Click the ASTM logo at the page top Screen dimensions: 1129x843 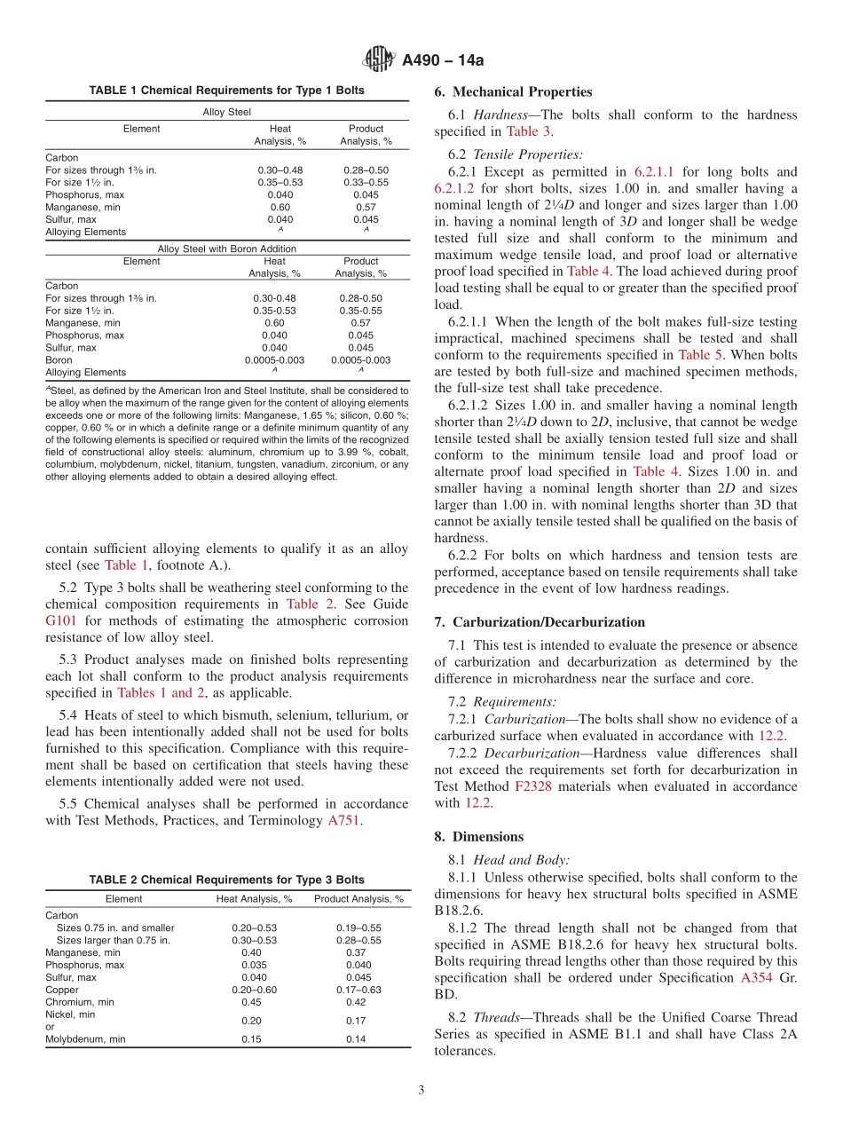pyautogui.click(x=380, y=60)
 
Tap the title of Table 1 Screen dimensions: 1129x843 pyautogui.click(x=226, y=91)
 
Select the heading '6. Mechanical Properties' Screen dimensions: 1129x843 pyautogui.click(x=513, y=91)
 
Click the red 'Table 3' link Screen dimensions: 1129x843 pyautogui.click(x=528, y=131)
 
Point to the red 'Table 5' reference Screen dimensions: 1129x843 pyautogui.click(x=700, y=354)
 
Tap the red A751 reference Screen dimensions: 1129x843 pyautogui.click(x=343, y=821)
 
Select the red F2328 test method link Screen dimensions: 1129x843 pyautogui.click(x=532, y=786)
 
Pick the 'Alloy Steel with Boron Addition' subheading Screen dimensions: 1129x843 pyautogui.click(x=226, y=249)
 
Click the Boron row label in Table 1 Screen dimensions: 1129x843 pyautogui.click(x=59, y=360)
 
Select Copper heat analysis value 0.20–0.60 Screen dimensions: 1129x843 pyautogui.click(x=254, y=990)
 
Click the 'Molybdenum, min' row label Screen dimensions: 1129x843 pyautogui.click(x=85, y=1039)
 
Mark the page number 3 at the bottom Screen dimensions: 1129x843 pyautogui.click(x=421, y=1090)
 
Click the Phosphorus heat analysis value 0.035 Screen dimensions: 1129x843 pyautogui.click(x=254, y=965)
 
